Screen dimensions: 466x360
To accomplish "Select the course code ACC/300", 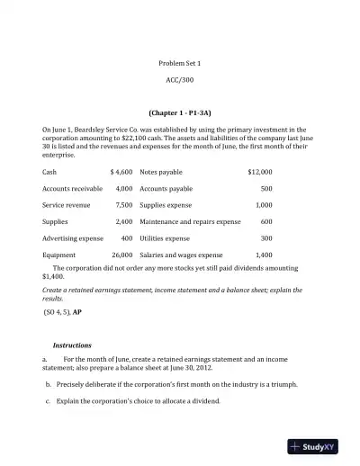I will (180, 80).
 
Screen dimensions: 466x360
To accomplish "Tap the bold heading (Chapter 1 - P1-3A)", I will (180, 113).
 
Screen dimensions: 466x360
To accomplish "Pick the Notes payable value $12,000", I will (259, 171).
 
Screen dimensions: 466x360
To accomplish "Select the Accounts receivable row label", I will (72, 189).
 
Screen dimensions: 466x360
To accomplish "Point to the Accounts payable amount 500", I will (266, 189).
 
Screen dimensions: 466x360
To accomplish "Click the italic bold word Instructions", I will (72, 345).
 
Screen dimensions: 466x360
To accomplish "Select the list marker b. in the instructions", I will (47, 383).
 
